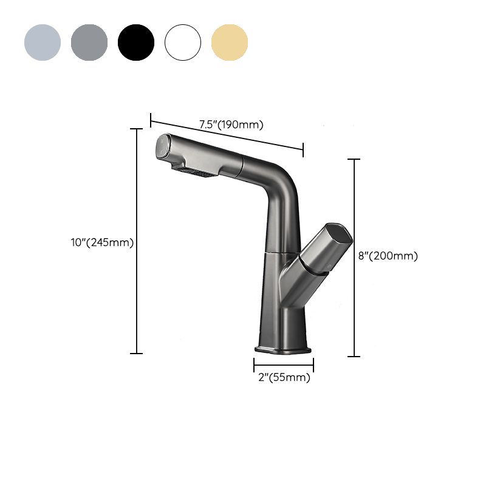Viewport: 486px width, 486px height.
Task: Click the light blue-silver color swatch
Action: pyautogui.click(x=43, y=43)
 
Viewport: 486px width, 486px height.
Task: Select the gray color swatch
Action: pyautogui.click(x=89, y=43)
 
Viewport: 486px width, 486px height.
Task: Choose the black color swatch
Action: pyautogui.click(x=136, y=43)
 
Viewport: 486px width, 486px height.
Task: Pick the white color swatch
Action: pyautogui.click(x=183, y=43)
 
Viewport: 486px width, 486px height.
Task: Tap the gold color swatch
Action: pyautogui.click(x=230, y=43)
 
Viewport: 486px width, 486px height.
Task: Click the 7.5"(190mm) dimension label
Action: pyautogui.click(x=231, y=125)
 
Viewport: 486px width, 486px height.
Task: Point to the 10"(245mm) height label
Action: pyautogui.click(x=101, y=242)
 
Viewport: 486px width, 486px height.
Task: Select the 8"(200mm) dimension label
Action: pyautogui.click(x=388, y=256)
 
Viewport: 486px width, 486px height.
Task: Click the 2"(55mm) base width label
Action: pyautogui.click(x=284, y=378)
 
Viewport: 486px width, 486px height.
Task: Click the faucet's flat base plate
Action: pyautogui.click(x=284, y=351)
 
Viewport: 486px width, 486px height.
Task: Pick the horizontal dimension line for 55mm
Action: pyautogui.click(x=284, y=365)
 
